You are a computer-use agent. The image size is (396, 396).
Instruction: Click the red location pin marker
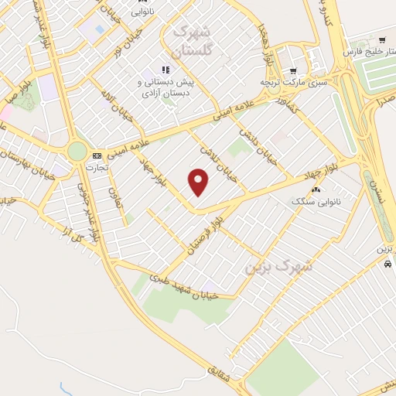[x=199, y=182]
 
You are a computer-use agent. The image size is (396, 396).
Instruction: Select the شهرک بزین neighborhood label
[x=278, y=266]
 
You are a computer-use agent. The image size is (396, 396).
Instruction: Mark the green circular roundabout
[x=77, y=150]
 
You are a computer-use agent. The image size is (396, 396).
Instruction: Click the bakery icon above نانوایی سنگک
[x=315, y=189]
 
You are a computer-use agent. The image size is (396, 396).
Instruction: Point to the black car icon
[x=387, y=263]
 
